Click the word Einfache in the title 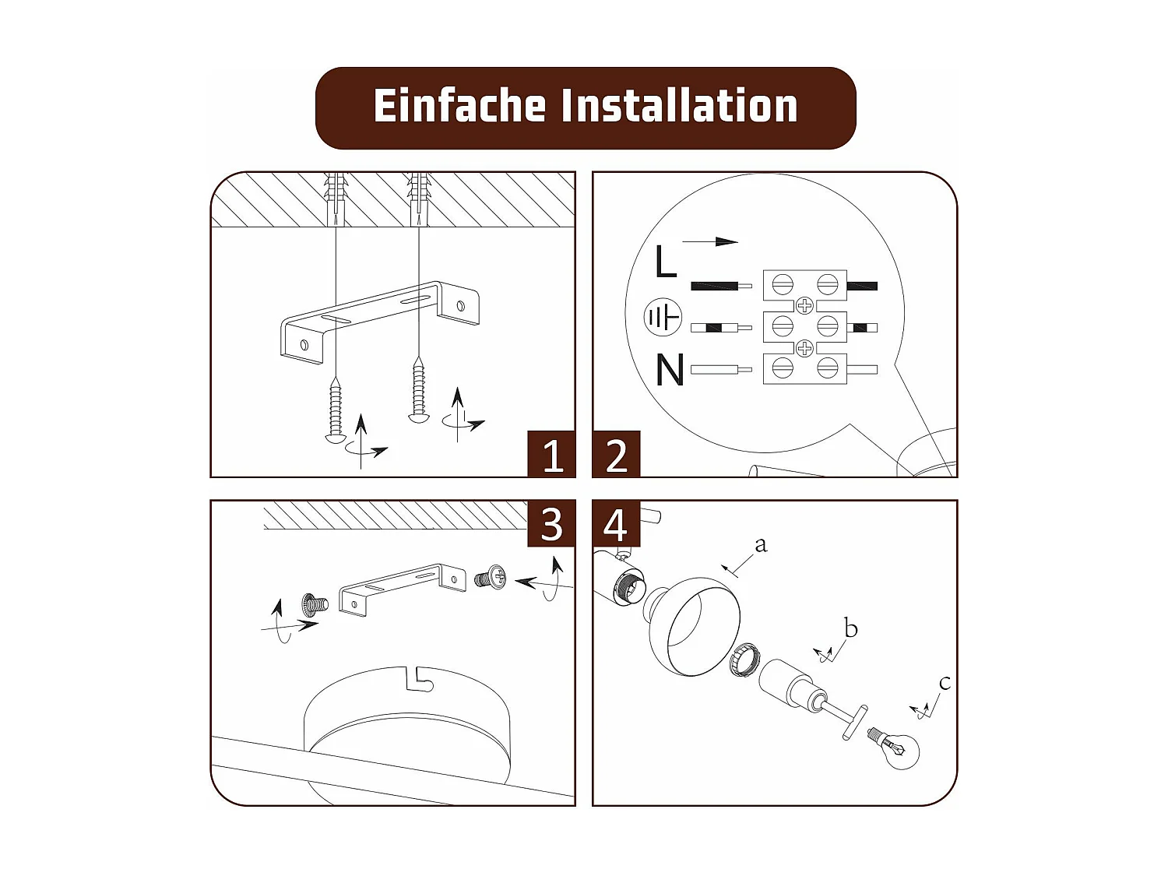coord(459,106)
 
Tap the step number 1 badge coord(551,455)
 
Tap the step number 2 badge coord(616,455)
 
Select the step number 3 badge coord(551,524)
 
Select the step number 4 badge coord(616,524)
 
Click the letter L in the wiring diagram coord(665,262)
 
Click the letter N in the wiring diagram coord(669,370)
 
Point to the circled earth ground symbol coord(663,318)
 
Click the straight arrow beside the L coord(710,241)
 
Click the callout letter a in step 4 coord(761,545)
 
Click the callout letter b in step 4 coord(850,628)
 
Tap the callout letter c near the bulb coord(945,683)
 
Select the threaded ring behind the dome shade coord(745,660)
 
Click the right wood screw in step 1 coord(419,389)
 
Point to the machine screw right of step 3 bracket coord(491,578)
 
